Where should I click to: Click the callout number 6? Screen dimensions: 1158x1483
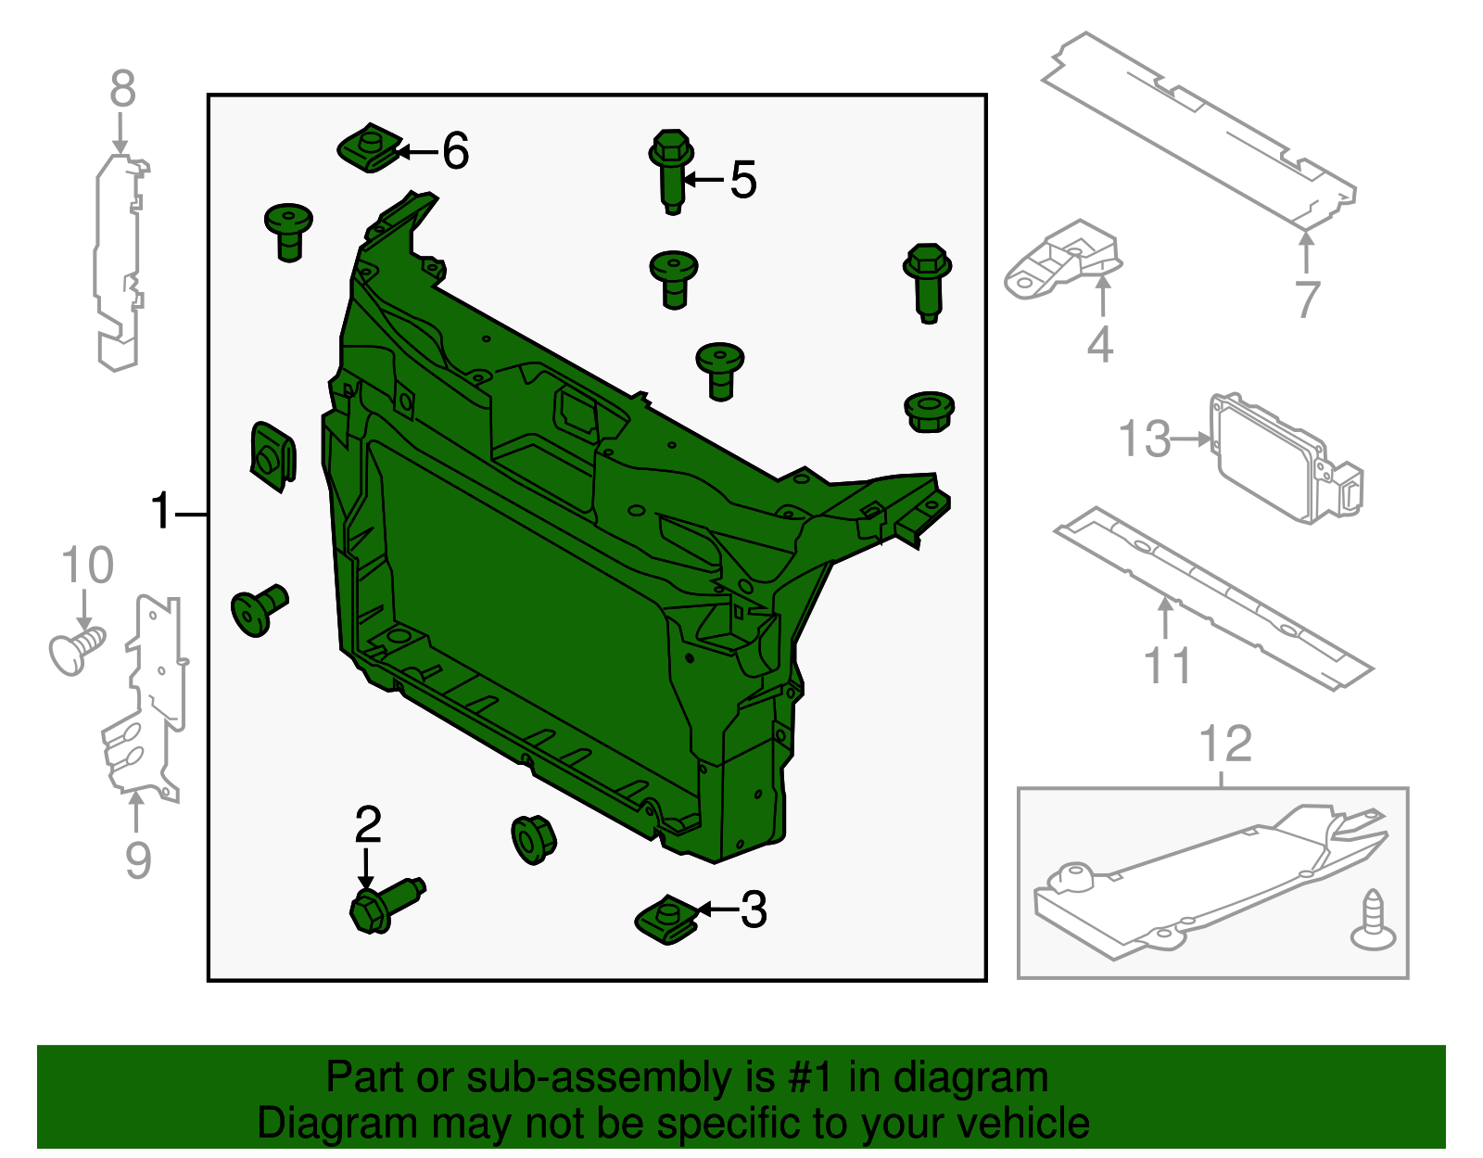tap(455, 151)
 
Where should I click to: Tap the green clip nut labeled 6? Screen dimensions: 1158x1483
tap(368, 148)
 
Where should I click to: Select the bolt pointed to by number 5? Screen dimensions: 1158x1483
tap(672, 172)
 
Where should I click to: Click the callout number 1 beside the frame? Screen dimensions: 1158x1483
tap(161, 512)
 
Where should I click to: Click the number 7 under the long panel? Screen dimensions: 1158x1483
tap(1307, 299)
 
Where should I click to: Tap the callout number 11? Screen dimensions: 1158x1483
tap(1167, 666)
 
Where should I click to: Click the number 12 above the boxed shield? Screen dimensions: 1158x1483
tap(1225, 744)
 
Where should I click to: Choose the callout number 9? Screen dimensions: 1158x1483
tap(137, 859)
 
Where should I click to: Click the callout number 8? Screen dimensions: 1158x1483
tap(122, 90)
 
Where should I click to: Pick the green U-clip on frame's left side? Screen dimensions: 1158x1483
tap(273, 455)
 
